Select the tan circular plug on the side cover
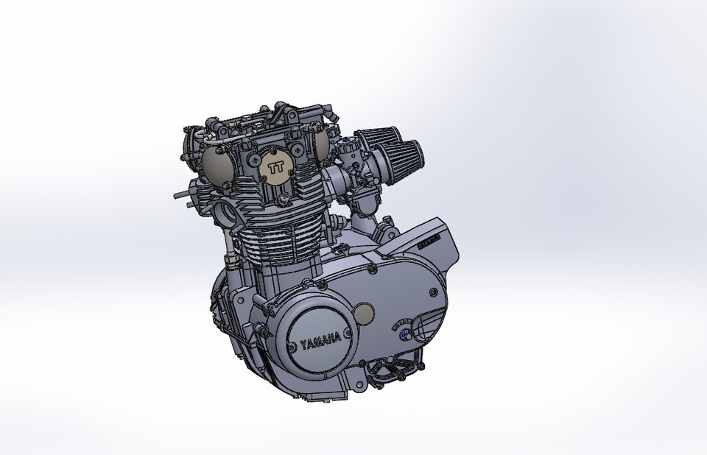364,317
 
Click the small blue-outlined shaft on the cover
404,335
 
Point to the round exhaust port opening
226,214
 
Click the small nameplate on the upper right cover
429,240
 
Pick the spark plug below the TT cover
282,200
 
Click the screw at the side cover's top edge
323,285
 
